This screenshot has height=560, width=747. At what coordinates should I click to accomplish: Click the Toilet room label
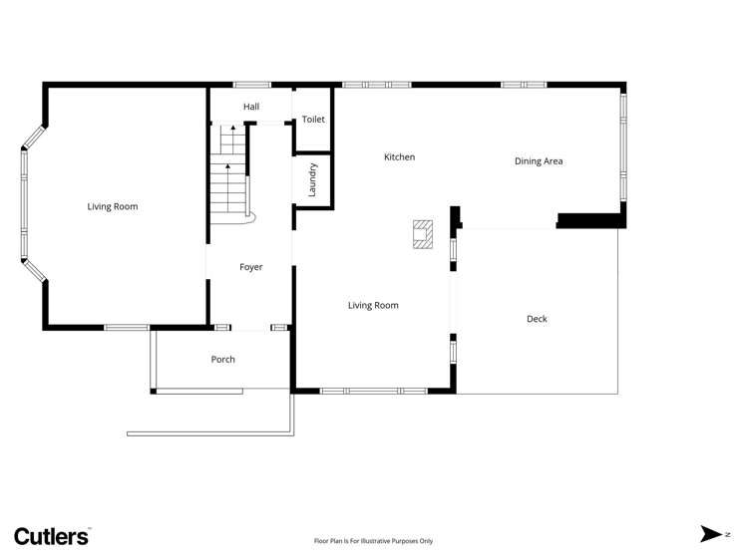313,120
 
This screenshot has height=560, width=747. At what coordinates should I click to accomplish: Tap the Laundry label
312,180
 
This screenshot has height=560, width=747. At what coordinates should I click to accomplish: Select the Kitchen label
399,157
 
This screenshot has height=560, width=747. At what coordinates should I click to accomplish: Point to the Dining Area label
539,160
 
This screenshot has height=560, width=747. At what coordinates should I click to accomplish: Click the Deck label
537,319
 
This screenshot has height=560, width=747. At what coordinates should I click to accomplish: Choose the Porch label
223,359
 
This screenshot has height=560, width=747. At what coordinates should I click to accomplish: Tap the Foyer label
251,267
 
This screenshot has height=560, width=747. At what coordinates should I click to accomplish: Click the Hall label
251,106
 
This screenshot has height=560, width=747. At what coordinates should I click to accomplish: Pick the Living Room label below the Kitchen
373,305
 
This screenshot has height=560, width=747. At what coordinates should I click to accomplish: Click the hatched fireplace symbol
424,233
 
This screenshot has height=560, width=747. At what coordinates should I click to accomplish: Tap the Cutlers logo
52,535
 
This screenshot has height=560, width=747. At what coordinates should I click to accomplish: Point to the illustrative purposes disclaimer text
373,541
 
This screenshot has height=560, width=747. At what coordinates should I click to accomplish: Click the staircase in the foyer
229,174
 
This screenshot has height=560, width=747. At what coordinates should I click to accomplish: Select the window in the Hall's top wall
251,85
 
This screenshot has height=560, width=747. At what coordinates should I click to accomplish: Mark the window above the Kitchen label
376,85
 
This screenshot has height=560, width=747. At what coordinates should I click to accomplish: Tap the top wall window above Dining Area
524,85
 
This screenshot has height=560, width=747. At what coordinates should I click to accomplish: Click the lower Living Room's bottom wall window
373,391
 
